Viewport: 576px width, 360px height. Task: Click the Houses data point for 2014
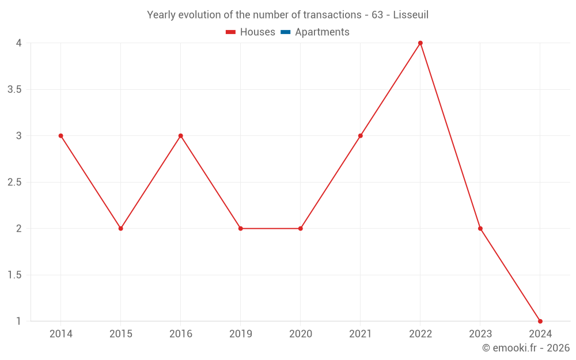[61, 136]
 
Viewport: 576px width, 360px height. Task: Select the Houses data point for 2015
[121, 229]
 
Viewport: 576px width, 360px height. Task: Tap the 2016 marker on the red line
[181, 136]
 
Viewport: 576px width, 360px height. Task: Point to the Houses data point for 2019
[241, 229]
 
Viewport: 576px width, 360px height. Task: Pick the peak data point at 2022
[420, 43]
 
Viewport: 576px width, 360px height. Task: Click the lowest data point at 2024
[540, 321]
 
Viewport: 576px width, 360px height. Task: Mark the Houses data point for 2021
[361, 136]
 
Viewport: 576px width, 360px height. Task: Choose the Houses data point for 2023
[480, 229]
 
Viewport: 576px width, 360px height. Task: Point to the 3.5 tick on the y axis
[15, 89]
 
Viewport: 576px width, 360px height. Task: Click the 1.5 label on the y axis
[15, 275]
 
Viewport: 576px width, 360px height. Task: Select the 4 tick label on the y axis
[19, 43]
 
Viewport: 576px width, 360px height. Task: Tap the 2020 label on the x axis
[301, 334]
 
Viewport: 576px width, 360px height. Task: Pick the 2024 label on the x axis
[540, 334]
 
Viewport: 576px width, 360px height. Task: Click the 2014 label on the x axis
[61, 334]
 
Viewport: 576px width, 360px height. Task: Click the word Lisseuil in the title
[411, 15]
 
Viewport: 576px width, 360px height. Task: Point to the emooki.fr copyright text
[526, 348]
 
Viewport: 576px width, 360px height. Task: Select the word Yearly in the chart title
[161, 15]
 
